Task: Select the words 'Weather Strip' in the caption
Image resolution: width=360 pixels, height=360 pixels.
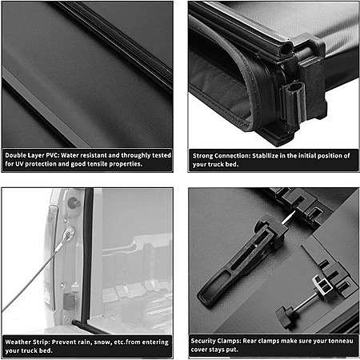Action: pos(26,342)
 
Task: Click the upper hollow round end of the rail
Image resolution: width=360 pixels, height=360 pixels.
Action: pos(286,50)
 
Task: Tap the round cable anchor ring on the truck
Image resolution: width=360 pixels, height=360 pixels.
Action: pos(70,232)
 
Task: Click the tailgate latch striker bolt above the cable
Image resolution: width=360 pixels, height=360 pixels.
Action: pos(74,203)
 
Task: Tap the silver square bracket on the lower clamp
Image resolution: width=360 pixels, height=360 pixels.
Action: pos(323,286)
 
